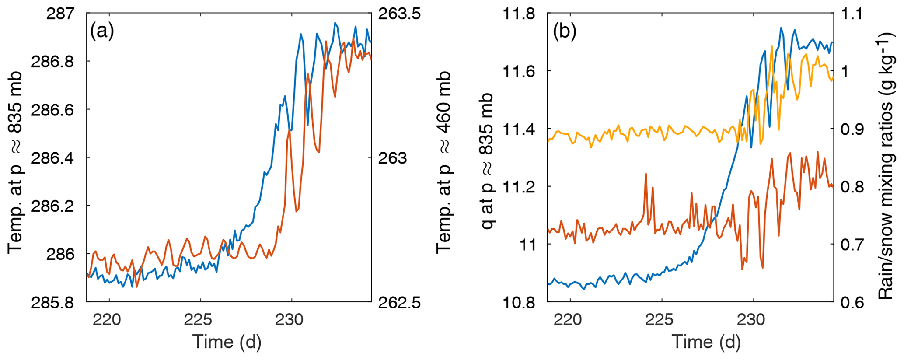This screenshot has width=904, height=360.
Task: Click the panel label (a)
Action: tap(102, 31)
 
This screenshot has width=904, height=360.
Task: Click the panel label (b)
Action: tap(565, 31)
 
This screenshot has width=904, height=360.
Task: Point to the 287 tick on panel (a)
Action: tap(60, 14)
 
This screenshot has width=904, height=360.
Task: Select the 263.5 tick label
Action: tap(399, 14)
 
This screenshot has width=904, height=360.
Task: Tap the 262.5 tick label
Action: tap(399, 302)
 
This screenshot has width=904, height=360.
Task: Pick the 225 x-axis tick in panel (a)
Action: tap(200, 320)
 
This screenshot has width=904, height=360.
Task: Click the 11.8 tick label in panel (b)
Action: tap(519, 14)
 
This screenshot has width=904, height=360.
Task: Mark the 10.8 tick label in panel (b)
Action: tap(519, 302)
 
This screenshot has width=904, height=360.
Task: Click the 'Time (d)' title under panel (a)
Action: tap(227, 342)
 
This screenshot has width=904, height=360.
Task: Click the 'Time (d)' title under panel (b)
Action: tap(706, 342)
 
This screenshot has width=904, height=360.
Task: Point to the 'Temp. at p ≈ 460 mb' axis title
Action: tap(444, 162)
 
